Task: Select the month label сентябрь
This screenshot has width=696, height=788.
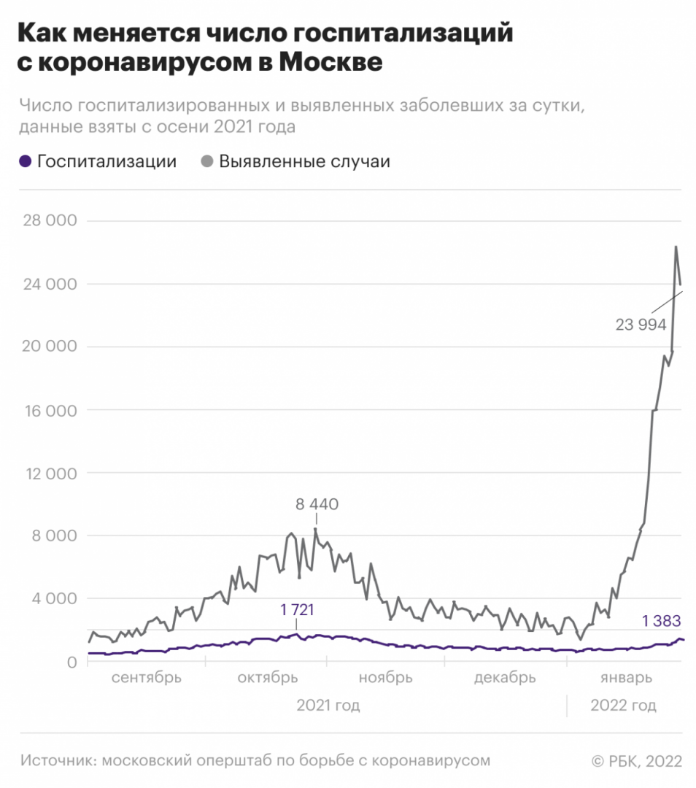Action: pos(147,678)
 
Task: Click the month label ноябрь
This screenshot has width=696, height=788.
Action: pos(385,678)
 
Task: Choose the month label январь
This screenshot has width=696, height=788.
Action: pos(626,678)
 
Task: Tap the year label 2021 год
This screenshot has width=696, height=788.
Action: pos(328,706)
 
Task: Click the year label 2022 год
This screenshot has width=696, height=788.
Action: pos(623,706)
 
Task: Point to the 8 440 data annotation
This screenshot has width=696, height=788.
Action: pos(317,503)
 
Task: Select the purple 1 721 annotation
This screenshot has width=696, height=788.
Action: pos(297,609)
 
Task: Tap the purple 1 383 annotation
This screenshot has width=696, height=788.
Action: pos(661,622)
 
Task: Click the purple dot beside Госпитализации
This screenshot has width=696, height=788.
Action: pos(26,162)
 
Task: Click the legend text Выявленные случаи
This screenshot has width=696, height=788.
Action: pos(304,162)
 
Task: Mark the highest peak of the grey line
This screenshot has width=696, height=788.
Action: pos(676,247)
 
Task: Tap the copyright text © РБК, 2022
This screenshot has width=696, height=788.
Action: pos(636,761)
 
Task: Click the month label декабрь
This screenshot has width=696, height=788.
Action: pos(505,678)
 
